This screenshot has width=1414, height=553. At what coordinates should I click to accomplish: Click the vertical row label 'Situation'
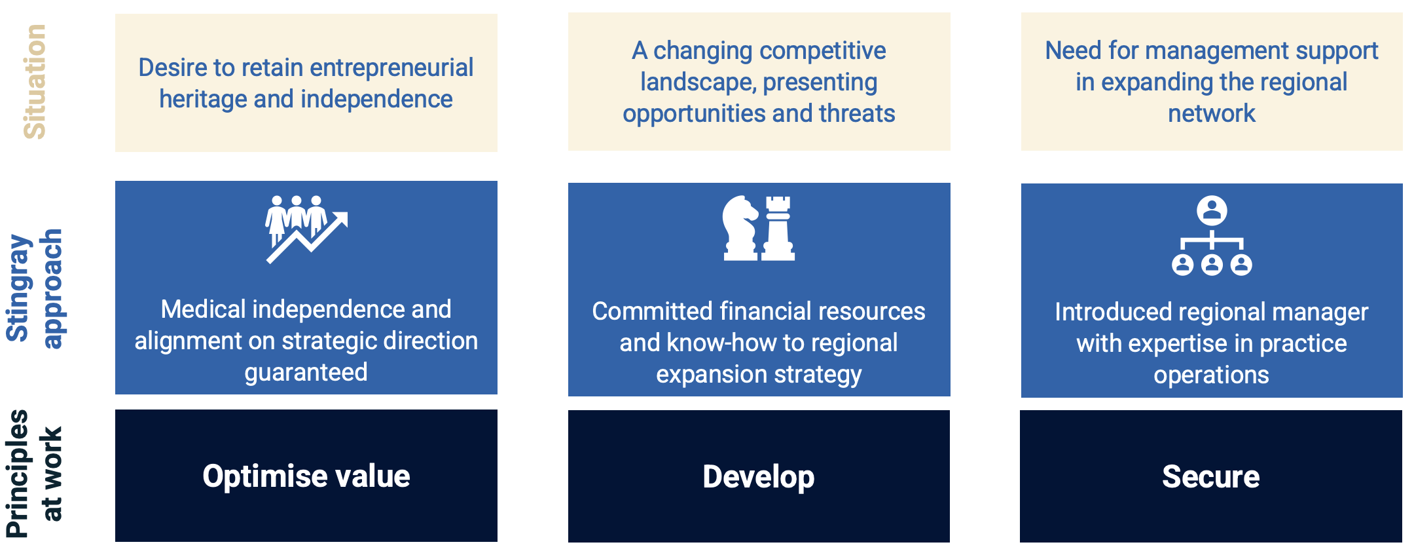click(35, 82)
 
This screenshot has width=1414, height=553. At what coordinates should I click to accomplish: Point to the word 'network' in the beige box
click(1212, 113)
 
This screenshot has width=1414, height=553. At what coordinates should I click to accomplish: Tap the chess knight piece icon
click(740, 228)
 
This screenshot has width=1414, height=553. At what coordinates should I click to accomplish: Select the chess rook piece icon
click(778, 228)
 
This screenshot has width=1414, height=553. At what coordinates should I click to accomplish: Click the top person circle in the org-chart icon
click(1212, 210)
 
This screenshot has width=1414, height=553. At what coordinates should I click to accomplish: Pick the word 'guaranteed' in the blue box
click(306, 372)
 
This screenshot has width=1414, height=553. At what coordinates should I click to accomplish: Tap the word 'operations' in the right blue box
click(1211, 375)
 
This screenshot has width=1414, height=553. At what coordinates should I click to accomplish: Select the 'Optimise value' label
click(306, 476)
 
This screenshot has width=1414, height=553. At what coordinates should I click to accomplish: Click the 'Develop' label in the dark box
click(759, 477)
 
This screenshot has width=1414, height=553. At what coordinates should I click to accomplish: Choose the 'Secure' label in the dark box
click(1211, 477)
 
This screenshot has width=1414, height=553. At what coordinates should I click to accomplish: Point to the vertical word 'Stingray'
click(18, 288)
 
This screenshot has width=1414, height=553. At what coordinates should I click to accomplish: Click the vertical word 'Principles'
click(18, 474)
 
